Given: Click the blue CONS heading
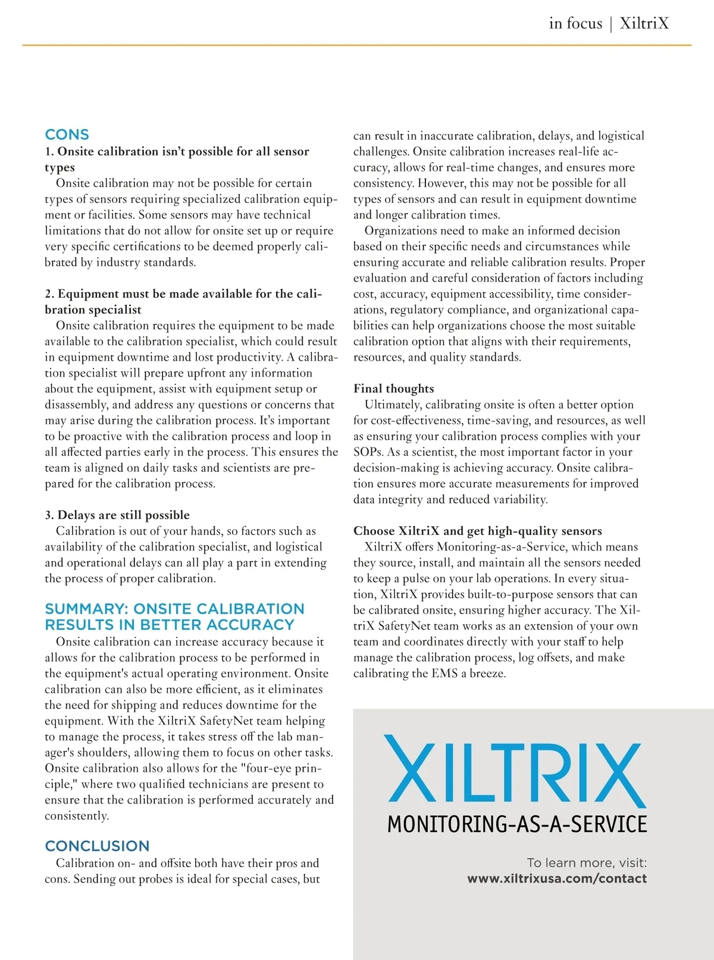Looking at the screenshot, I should (x=67, y=135).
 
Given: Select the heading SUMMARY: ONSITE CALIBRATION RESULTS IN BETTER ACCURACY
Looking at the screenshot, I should (x=174, y=617).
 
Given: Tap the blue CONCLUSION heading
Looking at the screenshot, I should (x=97, y=846).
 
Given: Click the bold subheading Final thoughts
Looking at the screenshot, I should (x=393, y=389).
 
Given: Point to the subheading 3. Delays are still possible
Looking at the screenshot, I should (x=117, y=515).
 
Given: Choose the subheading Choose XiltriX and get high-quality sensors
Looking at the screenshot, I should (x=477, y=531).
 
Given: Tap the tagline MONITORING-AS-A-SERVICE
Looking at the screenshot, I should (x=516, y=824).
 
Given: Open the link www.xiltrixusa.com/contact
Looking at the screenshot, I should (x=556, y=878).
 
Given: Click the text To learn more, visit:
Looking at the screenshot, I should (x=587, y=863).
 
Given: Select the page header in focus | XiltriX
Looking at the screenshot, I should (x=609, y=24).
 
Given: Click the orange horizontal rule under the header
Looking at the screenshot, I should (x=357, y=45).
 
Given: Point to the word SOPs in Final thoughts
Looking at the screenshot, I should (x=368, y=452).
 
